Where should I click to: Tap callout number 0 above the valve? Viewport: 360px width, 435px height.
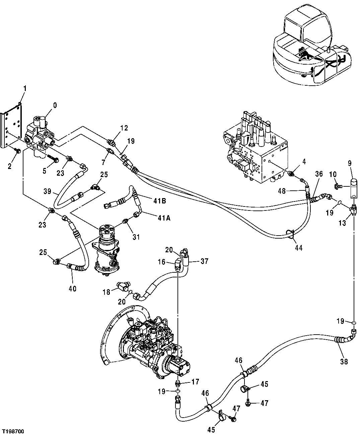coord(55,106)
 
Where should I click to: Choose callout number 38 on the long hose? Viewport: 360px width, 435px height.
coord(344,361)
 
